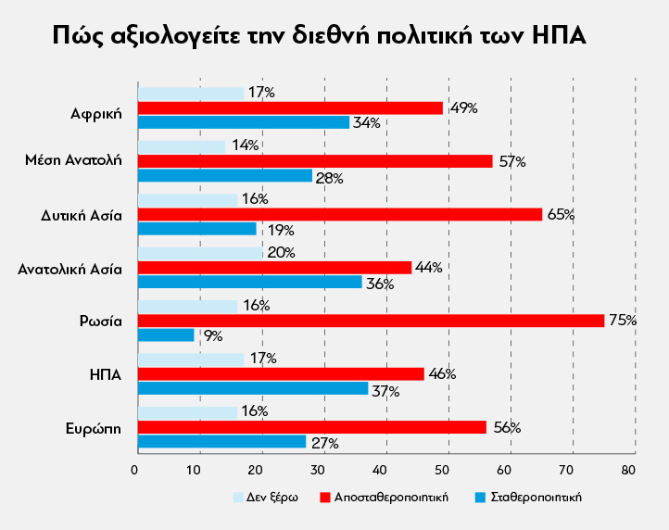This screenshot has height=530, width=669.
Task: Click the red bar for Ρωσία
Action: (x=371, y=321)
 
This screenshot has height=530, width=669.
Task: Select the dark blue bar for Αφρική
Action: (x=243, y=122)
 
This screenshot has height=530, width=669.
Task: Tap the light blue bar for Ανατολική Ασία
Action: (x=200, y=253)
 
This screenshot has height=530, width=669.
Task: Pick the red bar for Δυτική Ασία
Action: (x=339, y=214)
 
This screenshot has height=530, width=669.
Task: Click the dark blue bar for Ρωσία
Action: (x=166, y=335)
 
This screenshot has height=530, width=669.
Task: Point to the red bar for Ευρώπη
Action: (x=311, y=427)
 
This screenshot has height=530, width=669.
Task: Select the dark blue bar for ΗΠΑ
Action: (x=252, y=389)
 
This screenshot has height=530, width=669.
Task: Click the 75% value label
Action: (x=622, y=321)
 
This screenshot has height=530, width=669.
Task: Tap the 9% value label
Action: (x=213, y=336)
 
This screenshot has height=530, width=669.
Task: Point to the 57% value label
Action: (x=511, y=161)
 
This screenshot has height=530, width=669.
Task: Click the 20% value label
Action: (x=280, y=252)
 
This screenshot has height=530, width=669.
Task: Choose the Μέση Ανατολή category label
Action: (x=73, y=161)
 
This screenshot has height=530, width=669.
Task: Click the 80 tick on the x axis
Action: (x=630, y=470)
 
